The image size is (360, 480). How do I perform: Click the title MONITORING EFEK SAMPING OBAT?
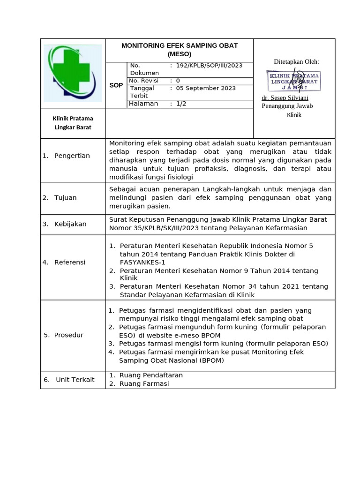point(180,45)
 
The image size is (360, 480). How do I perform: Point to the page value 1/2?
point(181,104)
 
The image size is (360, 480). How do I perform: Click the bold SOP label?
point(116,85)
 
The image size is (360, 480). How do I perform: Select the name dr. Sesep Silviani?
point(285,97)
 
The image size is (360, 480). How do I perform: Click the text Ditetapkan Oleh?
point(296,62)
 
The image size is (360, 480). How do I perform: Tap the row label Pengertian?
point(72,156)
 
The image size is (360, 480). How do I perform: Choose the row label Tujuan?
point(66,197)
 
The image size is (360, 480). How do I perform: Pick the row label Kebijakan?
point(70,224)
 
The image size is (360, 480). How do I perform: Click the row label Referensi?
point(70,262)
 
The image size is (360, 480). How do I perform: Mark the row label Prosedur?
point(69,335)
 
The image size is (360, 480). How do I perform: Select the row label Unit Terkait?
point(75,380)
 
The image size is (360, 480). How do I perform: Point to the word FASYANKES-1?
point(142,262)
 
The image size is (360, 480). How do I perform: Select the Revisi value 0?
point(178,80)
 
